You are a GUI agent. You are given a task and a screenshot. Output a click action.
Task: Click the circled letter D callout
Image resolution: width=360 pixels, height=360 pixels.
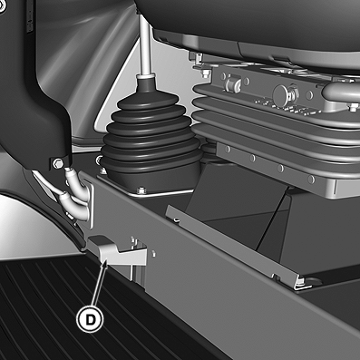pyautogui.click(x=90, y=319)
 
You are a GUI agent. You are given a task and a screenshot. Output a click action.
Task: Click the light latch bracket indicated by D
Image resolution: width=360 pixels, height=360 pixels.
pyautogui.click(x=117, y=251)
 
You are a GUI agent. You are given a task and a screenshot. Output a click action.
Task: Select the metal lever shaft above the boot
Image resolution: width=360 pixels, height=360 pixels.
pyautogui.click(x=145, y=45)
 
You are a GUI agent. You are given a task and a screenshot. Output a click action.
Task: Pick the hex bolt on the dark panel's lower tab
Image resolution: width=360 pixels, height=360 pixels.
pyautogui.click(x=57, y=163)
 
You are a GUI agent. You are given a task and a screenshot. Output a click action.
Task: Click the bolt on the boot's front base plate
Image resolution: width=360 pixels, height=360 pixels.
pyautogui.click(x=140, y=190)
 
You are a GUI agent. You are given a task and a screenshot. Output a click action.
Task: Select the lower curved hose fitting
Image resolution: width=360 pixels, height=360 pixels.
pyautogui.click(x=74, y=206)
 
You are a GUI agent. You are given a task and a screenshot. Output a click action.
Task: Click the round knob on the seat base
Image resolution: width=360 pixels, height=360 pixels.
pyautogui.click(x=282, y=93)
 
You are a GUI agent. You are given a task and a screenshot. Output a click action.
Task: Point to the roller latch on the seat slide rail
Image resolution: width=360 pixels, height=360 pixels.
pyautogui.click(x=232, y=83)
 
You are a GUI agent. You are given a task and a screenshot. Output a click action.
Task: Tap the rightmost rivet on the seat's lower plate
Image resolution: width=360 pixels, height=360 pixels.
pyautogui.click(x=311, y=180)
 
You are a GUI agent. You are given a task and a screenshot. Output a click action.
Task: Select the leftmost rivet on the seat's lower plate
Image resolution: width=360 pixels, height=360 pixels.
pyautogui.click(x=229, y=150)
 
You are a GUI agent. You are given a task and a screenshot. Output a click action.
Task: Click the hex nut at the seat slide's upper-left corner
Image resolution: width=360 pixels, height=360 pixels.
pyautogui.click(x=207, y=73)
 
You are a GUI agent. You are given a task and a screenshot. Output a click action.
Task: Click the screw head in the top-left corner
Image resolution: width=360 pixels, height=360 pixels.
pyautogui.click(x=2, y=6)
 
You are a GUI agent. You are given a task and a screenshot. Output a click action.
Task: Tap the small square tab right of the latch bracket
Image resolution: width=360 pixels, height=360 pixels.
pyautogui.click(x=154, y=253)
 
